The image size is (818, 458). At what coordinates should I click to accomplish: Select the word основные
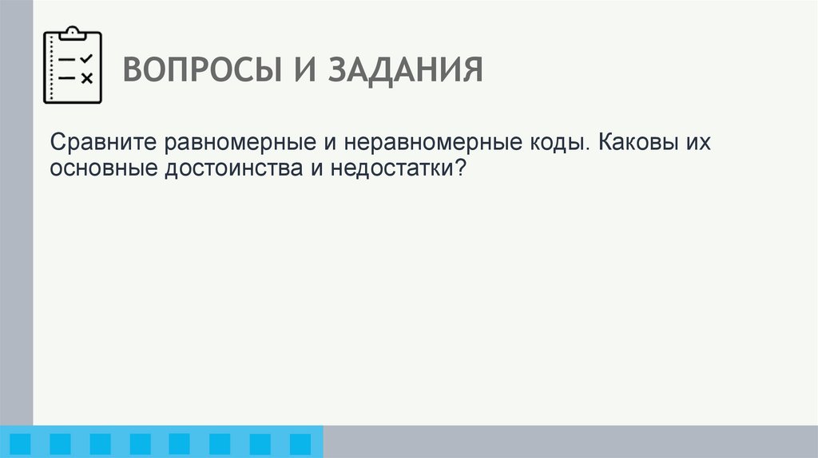click(104, 169)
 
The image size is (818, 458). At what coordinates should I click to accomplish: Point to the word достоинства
click(232, 169)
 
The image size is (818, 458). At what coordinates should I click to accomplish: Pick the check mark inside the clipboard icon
click(86, 59)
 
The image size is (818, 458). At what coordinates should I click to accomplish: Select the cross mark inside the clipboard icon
click(86, 78)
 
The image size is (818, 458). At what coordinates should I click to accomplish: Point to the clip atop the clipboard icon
click(72, 32)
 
